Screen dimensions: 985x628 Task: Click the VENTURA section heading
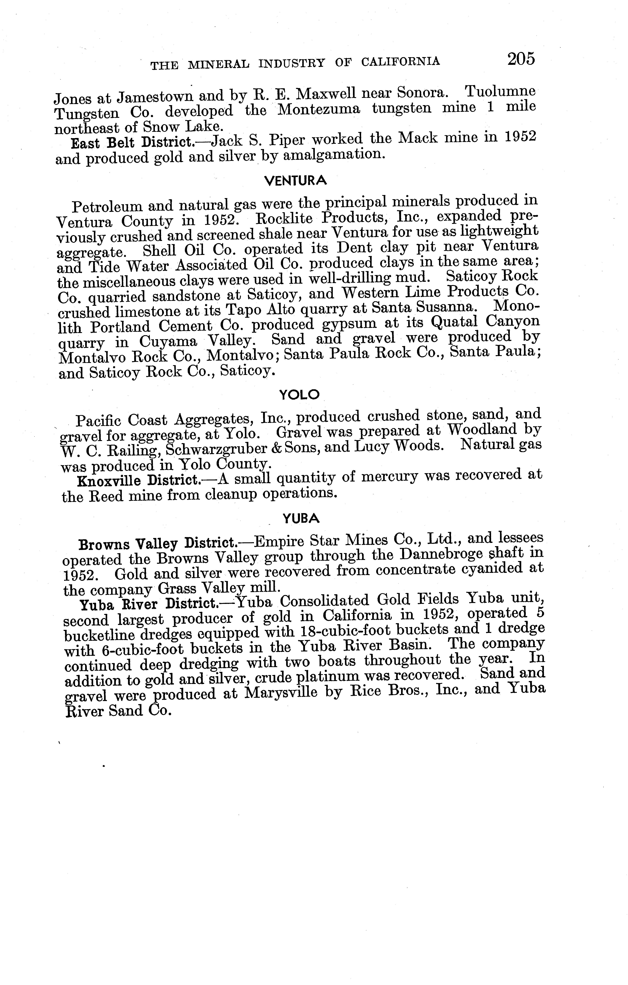(295, 180)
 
